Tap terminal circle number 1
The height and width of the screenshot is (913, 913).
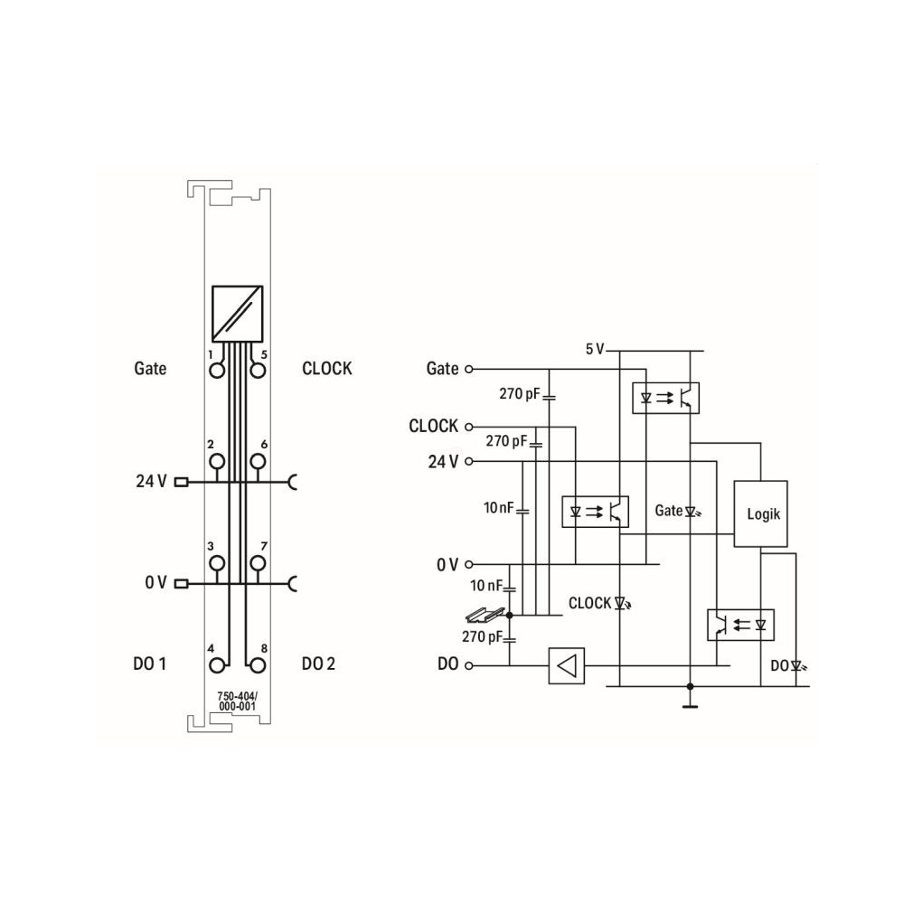point(217,371)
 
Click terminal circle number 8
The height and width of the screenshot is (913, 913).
point(258,665)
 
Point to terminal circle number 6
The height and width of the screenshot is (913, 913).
point(258,461)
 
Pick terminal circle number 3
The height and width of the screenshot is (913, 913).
point(217,563)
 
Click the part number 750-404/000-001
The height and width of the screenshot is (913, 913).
point(238,701)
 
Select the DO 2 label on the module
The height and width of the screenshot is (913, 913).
point(318,664)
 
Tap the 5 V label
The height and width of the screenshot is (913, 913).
point(595,349)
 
